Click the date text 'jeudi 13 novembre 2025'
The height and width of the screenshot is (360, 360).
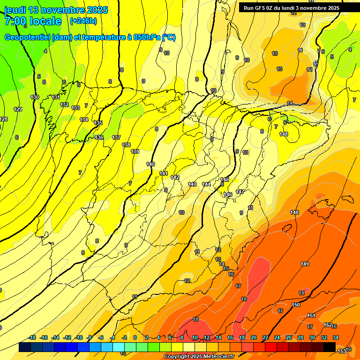click(56, 10)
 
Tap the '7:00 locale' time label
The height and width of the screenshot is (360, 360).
click(33, 21)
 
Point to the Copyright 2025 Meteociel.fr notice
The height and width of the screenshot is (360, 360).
click(199, 357)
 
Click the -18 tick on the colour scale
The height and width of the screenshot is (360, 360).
click(32, 337)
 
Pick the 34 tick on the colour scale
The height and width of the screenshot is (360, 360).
click(335, 337)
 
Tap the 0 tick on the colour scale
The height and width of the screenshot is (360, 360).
click(135, 337)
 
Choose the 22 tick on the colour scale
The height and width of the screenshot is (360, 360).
click(265, 337)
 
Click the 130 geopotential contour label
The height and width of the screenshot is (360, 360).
click(35, 97)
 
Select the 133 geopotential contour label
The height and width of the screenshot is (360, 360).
click(75, 108)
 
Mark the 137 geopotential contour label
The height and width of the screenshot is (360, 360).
click(116, 137)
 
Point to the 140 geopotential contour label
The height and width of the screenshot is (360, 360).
click(150, 164)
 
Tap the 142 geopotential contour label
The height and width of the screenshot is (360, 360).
click(175, 177)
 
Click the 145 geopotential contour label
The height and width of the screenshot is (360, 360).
click(225, 180)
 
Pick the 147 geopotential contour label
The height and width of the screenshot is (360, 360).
click(240, 192)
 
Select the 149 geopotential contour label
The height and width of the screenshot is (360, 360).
click(305, 264)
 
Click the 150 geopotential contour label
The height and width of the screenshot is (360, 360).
click(296, 305)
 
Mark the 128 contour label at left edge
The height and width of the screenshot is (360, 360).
click(4, 119)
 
